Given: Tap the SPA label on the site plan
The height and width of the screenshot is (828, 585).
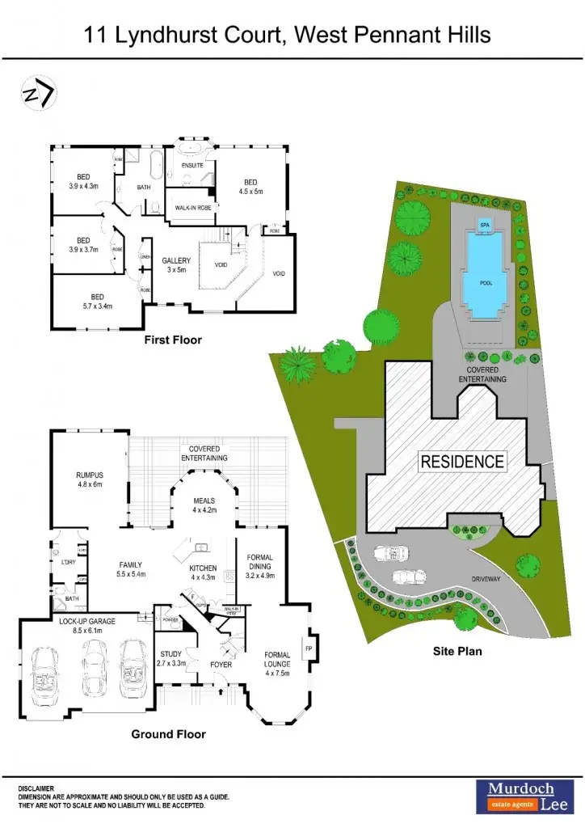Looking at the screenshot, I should tap(485, 224).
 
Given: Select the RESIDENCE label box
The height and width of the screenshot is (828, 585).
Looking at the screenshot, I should tap(462, 463).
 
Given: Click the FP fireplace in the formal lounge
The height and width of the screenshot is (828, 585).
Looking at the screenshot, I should tap(308, 648).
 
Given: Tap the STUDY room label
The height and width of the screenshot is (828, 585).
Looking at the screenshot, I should tap(171, 654).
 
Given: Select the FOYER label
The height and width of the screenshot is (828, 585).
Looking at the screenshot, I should tap(221, 665).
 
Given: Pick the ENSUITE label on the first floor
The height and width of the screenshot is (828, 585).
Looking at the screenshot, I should tap(191, 165).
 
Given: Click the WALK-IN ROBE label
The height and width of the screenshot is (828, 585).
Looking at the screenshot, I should tap(192, 208).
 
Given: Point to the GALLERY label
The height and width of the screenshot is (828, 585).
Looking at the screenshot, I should tap(176, 260).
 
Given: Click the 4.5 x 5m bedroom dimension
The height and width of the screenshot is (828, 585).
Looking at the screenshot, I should tap(250, 192).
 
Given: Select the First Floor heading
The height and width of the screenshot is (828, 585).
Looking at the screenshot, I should tap(173, 340).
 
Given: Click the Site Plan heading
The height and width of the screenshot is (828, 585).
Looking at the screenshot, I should tap(457, 650).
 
